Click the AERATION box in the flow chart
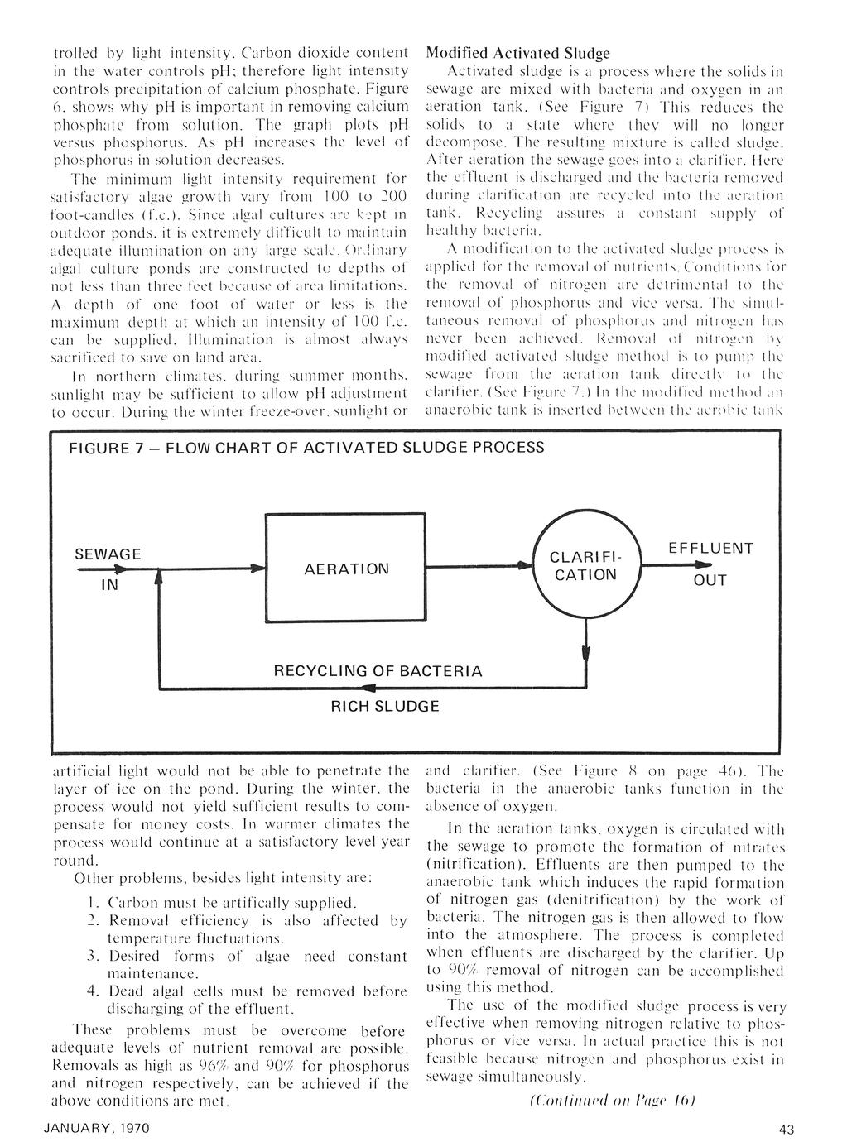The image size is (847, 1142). click(346, 569)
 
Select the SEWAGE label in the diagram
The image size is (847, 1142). click(108, 554)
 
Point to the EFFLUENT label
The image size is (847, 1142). click(710, 549)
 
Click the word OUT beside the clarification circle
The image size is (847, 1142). click(710, 580)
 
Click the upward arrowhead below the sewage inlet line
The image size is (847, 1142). click(157, 581)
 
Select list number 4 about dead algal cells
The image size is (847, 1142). click(93, 991)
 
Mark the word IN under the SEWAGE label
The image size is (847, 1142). click(109, 584)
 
